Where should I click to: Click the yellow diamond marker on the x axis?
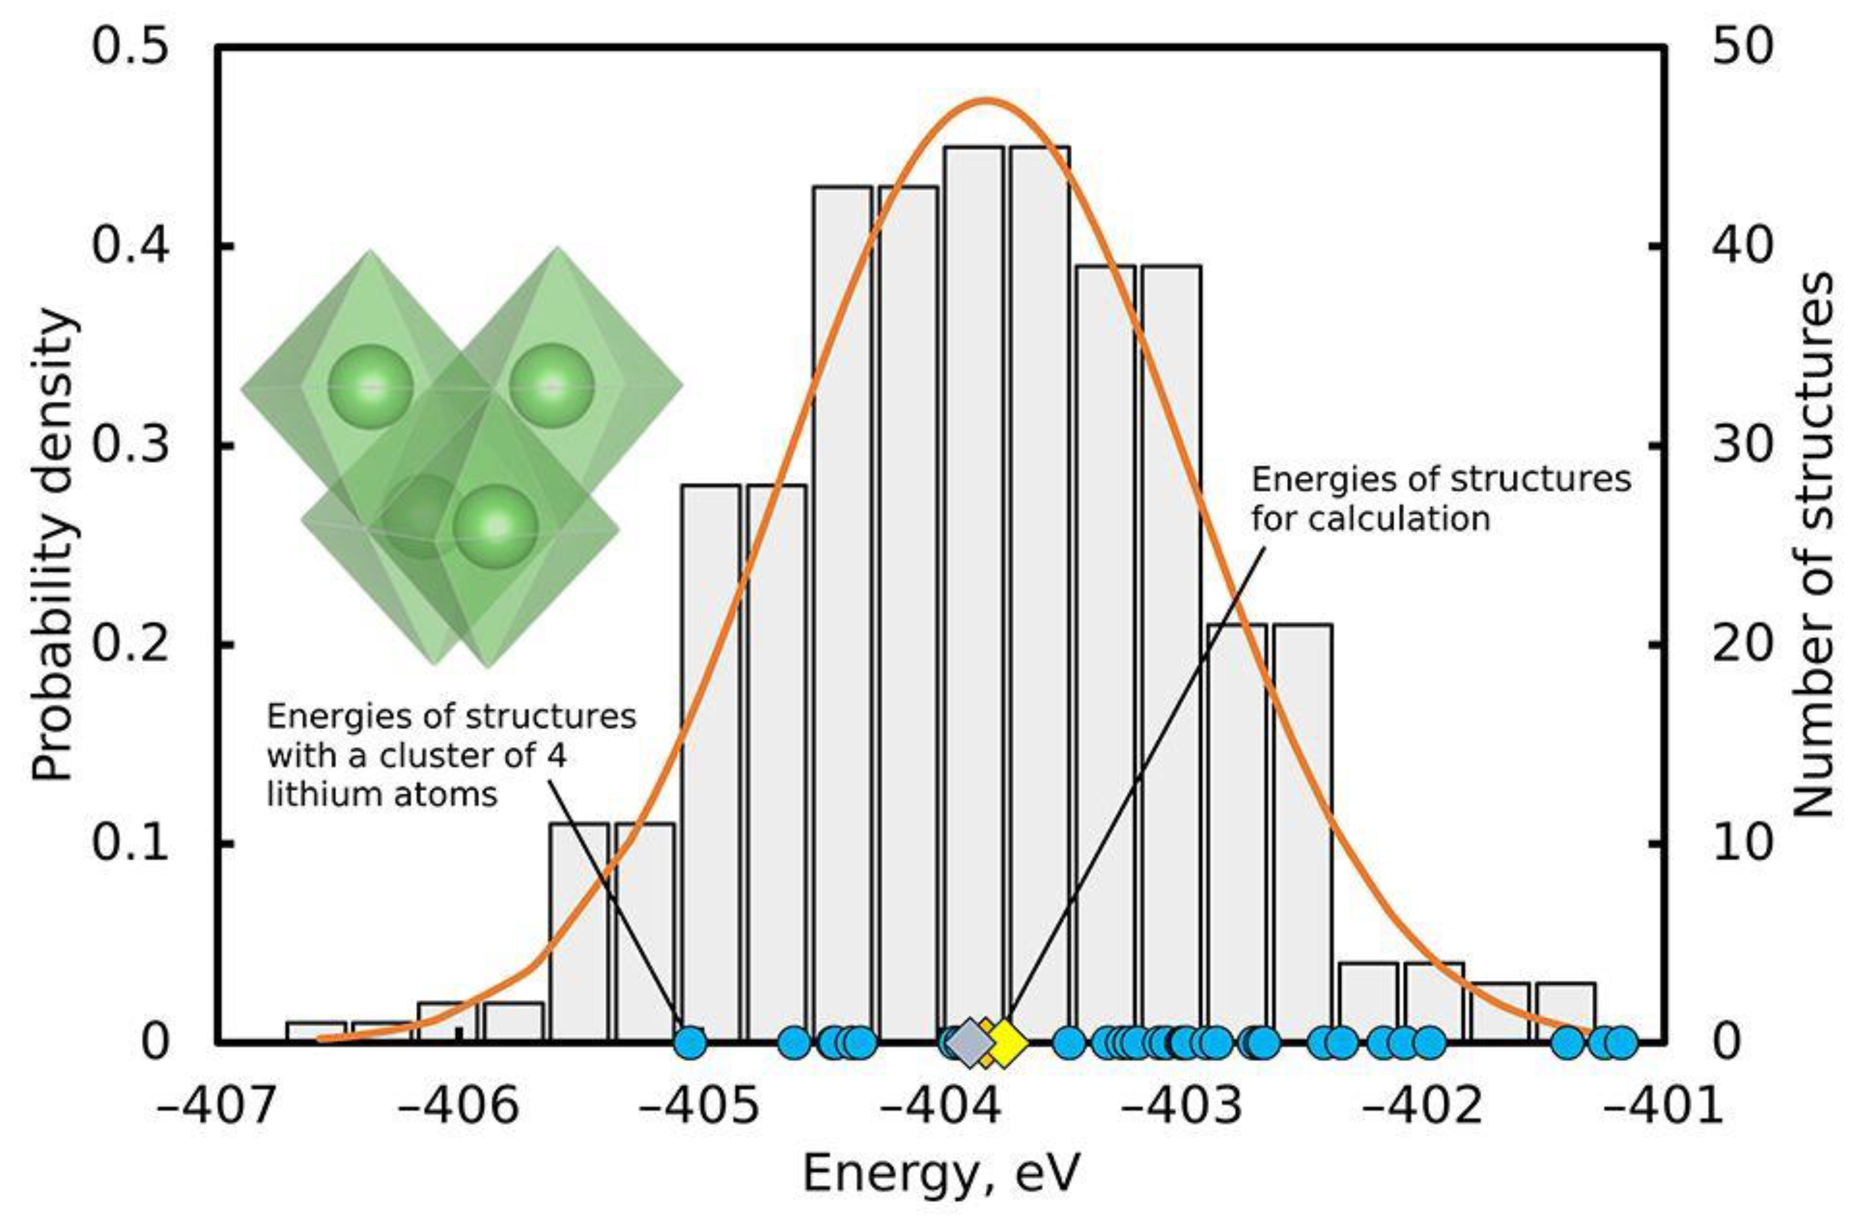pos(1006,1042)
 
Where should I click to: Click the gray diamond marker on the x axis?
pos(968,1042)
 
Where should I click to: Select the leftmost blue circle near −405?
pos(689,1041)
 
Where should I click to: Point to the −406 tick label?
pos(459,1107)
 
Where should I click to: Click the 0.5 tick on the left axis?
pos(131,48)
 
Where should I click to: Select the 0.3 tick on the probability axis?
pos(131,446)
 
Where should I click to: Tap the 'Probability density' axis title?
pos(56,546)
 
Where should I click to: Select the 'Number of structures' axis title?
pos(1812,546)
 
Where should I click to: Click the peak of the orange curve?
pos(986,100)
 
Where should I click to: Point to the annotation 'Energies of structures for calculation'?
pos(1441,500)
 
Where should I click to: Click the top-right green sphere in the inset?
pos(552,386)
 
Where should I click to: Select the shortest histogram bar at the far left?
pos(316,1031)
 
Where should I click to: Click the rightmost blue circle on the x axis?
pos(1622,1041)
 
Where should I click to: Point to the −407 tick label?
pos(218,1107)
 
